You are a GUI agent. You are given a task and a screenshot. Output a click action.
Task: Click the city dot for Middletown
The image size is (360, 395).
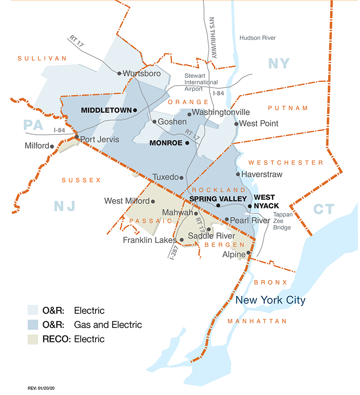(135, 110)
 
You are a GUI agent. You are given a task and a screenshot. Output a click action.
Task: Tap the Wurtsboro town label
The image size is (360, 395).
(142, 74)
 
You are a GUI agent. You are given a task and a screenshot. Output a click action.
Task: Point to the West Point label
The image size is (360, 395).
(259, 124)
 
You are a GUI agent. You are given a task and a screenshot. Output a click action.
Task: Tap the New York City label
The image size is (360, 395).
(270, 300)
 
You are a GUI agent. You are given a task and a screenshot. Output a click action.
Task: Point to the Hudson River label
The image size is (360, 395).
(257, 38)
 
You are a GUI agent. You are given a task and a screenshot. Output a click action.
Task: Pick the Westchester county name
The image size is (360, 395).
(286, 163)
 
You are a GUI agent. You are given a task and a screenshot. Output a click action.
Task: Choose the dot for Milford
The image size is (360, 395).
(52, 146)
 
